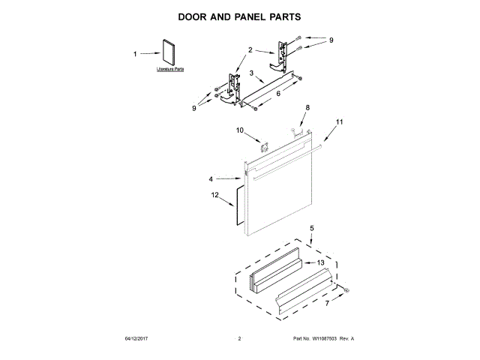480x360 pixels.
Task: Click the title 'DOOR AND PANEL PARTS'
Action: coord(240,15)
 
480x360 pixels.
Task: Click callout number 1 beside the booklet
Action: coord(135,54)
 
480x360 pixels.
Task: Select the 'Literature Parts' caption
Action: coord(170,69)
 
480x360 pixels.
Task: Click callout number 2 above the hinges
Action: coord(250,49)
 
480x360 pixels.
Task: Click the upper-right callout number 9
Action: coord(331,40)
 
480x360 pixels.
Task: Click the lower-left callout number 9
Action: coord(193,108)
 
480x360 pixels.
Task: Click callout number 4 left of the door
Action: coord(211,178)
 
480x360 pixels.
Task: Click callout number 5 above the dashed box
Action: coord(313,227)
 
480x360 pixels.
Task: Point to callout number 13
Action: coord(320,262)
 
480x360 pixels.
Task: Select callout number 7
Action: coord(326,303)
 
